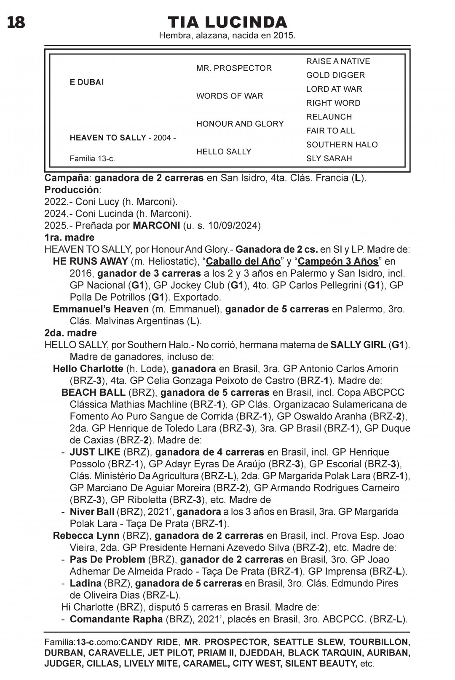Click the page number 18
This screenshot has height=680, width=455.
pos(16,22)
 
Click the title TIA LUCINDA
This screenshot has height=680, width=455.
pos(227,22)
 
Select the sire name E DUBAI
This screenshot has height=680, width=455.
pos(87,82)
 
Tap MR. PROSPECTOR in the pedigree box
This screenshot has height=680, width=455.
pos(234,68)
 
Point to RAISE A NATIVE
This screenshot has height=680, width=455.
pos(338,61)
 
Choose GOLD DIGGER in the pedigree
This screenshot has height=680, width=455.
pos(335,75)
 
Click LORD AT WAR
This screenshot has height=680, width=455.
pos(334,89)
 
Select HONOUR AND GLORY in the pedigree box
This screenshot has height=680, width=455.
pos(240,124)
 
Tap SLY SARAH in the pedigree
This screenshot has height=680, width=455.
pos(329,159)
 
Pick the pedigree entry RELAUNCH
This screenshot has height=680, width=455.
pos(329,117)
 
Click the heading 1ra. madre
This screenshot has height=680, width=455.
pos(69,237)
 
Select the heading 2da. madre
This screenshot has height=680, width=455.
pos(70,333)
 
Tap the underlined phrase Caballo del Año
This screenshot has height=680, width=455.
pos(243,261)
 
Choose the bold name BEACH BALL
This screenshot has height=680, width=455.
pos(93,392)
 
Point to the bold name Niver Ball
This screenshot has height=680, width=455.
pos(92,512)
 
